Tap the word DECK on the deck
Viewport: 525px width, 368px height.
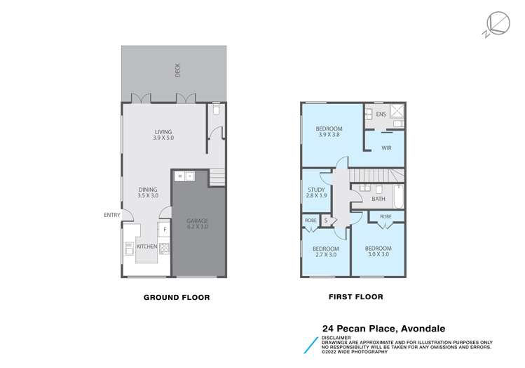(x=178, y=70)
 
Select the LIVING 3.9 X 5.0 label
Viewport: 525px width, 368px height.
(x=163, y=135)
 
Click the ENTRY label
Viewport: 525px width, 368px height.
(x=111, y=215)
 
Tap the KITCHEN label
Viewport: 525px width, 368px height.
(x=146, y=247)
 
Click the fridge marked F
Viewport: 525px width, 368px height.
(x=164, y=230)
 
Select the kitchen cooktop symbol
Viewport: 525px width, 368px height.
(x=164, y=247)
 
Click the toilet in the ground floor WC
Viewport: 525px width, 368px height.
(x=216, y=110)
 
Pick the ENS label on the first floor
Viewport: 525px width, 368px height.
(x=381, y=114)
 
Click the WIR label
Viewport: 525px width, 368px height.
(x=386, y=148)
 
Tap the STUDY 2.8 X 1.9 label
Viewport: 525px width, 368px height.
(x=316, y=192)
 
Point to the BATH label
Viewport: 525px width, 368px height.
(x=379, y=199)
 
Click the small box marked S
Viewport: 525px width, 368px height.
(x=327, y=221)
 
